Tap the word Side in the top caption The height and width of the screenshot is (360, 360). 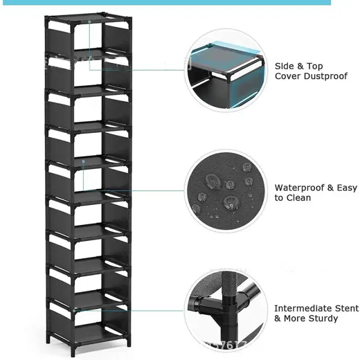(285, 66)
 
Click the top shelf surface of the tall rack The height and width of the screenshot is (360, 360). (89, 21)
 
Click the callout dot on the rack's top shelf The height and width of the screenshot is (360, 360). (89, 22)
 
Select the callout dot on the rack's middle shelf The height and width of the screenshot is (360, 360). (83, 162)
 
